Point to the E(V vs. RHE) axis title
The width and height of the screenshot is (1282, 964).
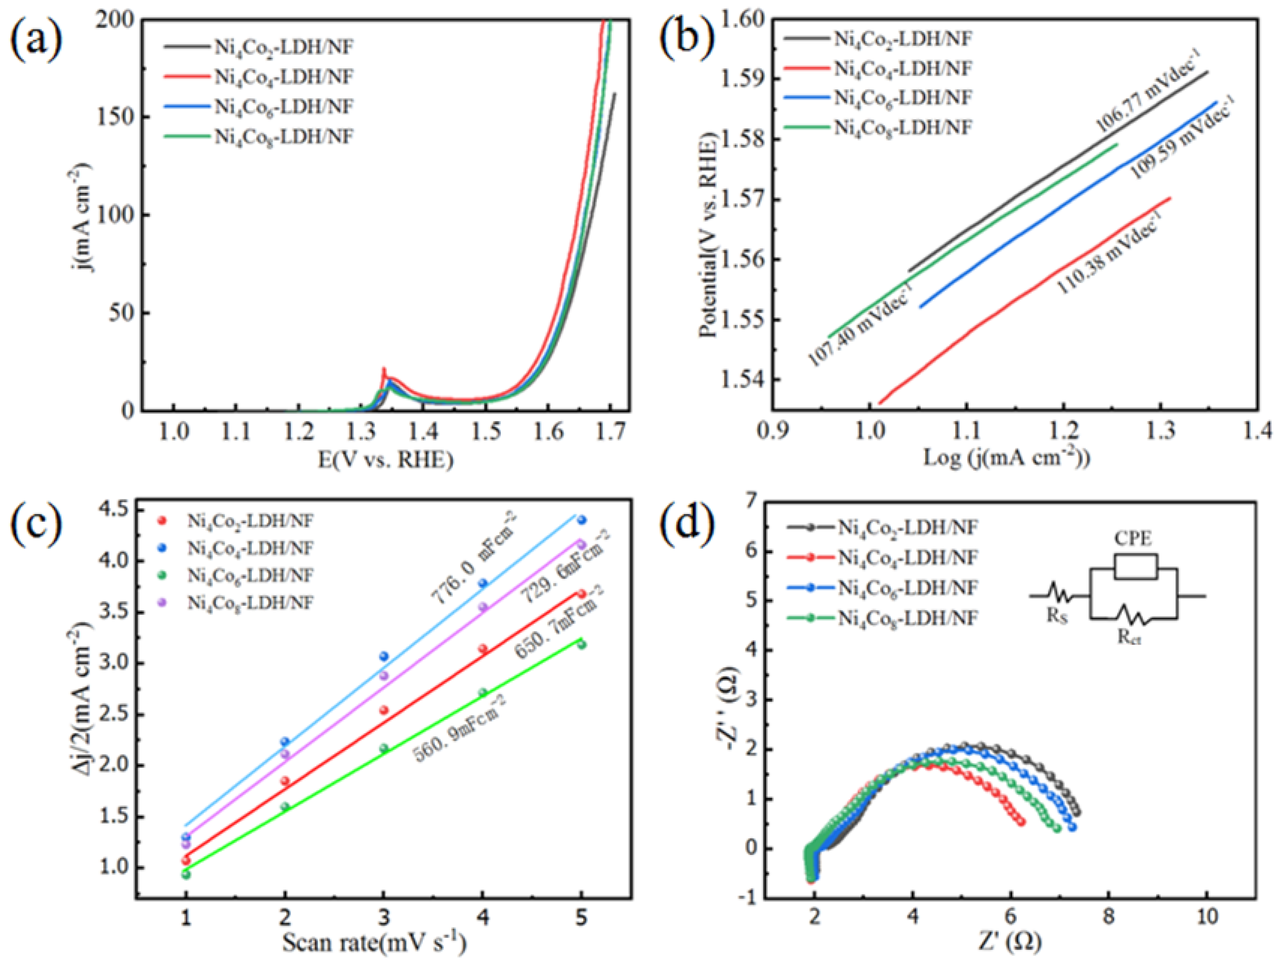pos(385,460)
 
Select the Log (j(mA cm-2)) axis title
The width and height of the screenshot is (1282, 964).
pos(1006,458)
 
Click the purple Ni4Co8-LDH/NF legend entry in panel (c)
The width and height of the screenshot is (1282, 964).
pos(249,603)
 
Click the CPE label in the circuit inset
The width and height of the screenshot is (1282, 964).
pos(1133,539)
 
